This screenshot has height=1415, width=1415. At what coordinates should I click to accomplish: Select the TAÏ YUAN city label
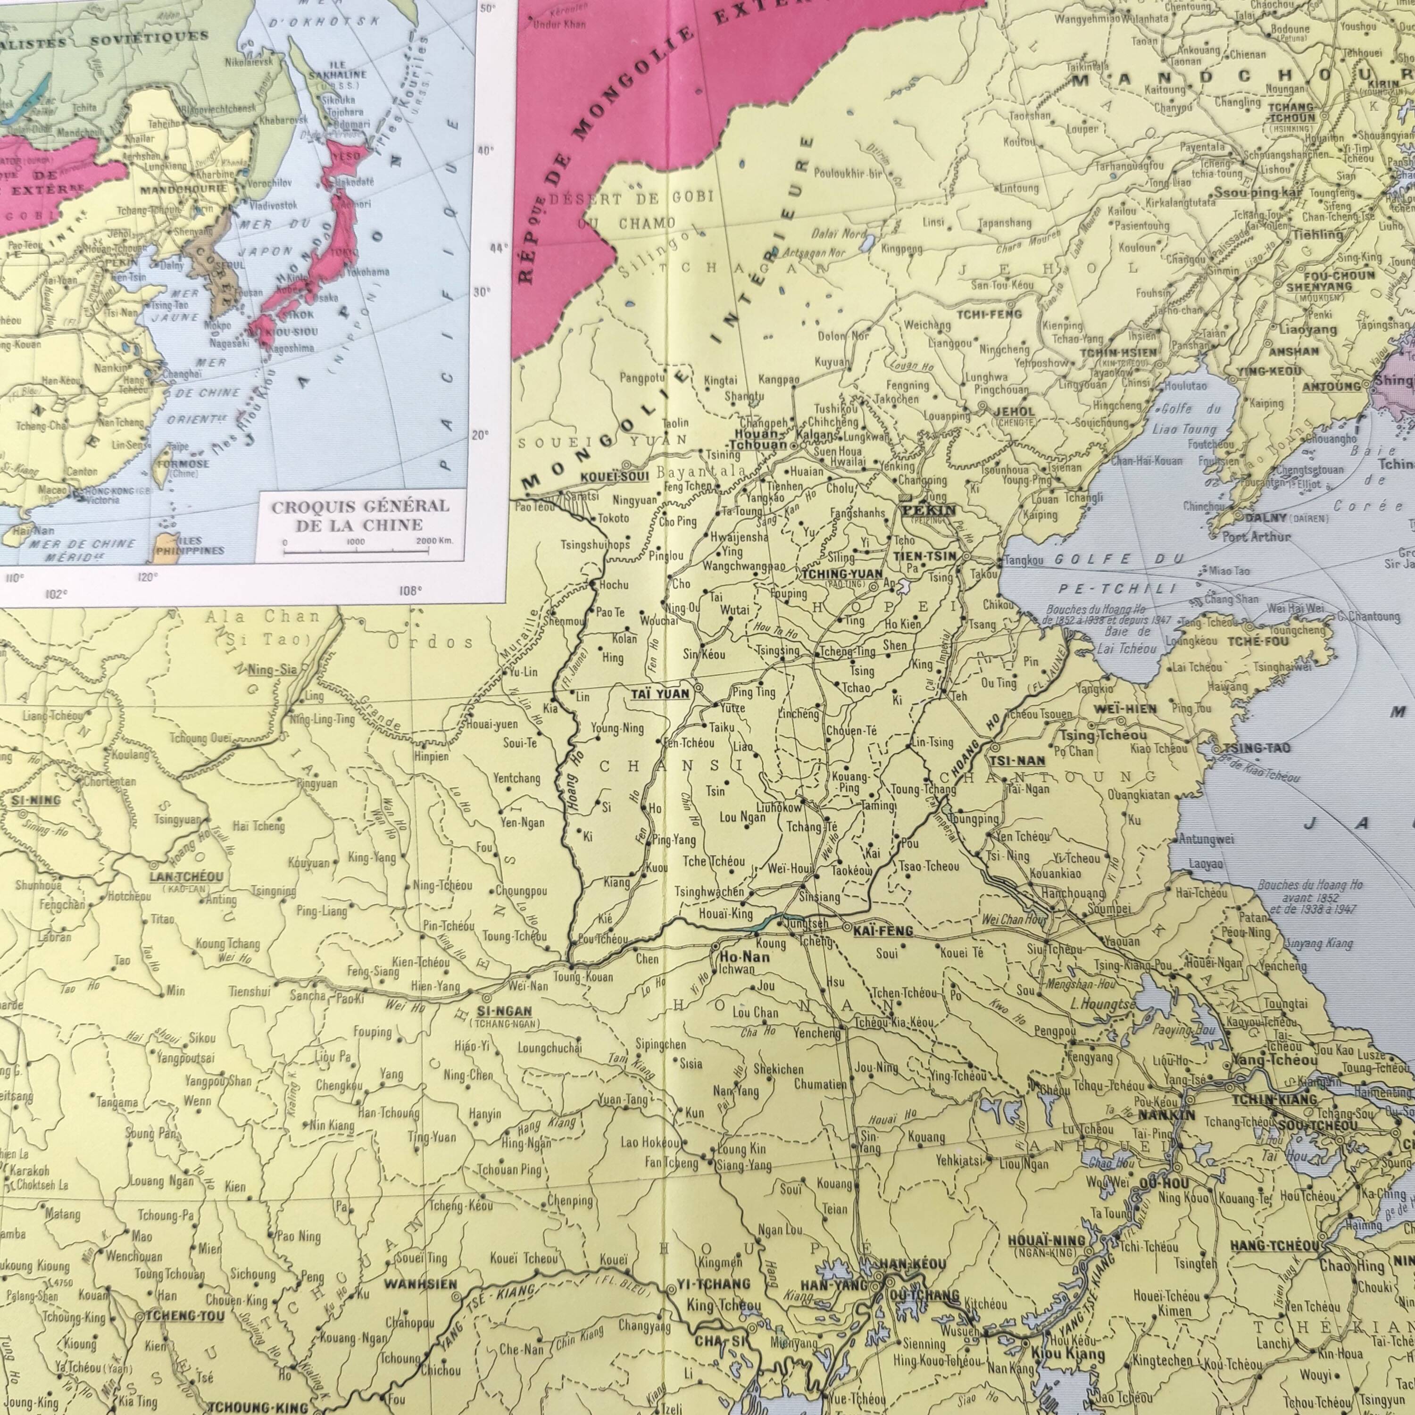(x=659, y=692)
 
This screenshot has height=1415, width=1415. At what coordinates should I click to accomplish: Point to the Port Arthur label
(x=1257, y=537)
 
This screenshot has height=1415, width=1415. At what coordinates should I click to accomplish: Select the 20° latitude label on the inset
(x=479, y=434)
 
